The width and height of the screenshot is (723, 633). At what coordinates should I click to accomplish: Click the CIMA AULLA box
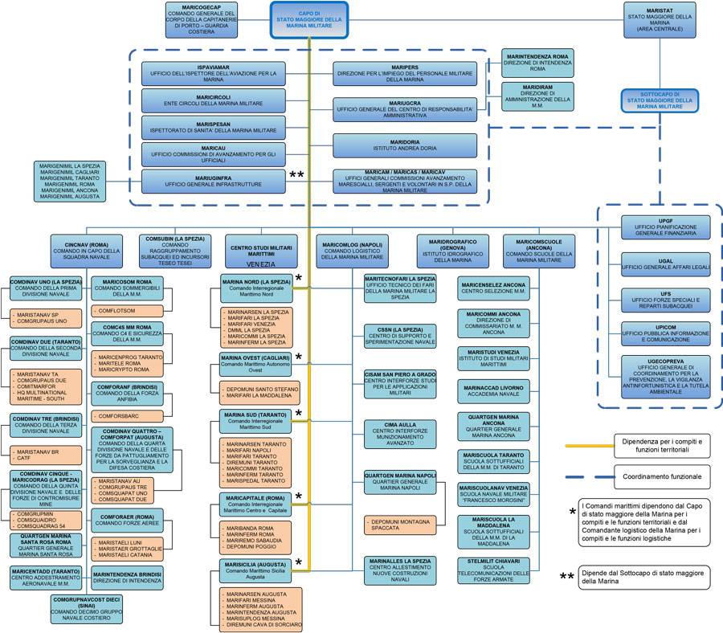[400, 435]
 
